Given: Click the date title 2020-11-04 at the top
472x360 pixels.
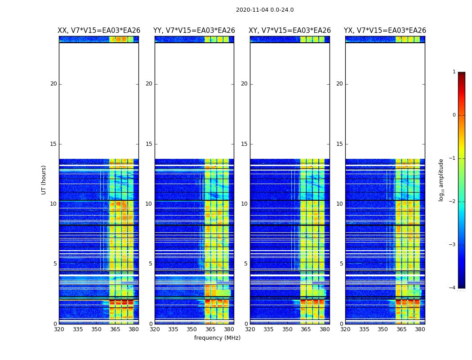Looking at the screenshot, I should tap(265, 10).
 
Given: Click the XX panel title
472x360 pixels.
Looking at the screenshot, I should tap(99, 31).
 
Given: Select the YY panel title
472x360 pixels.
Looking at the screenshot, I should tap(194, 31).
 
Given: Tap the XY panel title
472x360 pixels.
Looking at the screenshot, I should tap(290, 31).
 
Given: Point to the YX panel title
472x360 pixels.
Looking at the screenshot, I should tap(385, 31).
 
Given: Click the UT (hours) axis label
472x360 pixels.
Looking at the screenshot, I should tap(44, 180).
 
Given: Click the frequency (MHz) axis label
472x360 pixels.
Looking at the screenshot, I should tap(217, 338).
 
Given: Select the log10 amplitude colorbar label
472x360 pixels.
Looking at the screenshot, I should tap(441, 180).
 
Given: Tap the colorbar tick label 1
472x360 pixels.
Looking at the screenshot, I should tap(454, 72).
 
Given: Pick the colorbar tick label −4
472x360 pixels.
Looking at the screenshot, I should tap(453, 288).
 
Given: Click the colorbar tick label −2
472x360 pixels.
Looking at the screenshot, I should tap(453, 202).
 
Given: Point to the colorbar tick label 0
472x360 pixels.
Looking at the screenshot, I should tap(454, 115).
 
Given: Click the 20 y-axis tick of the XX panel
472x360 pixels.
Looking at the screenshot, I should tap(53, 84).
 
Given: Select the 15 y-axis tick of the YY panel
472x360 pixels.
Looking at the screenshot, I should tap(149, 144).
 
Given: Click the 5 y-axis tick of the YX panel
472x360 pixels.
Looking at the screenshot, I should tap(341, 264).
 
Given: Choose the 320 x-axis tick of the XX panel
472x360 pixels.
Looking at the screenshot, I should tap(59, 329).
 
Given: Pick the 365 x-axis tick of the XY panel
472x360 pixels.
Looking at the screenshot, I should tap(306, 329).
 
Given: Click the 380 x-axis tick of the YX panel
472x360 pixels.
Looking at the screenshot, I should tap(420, 329).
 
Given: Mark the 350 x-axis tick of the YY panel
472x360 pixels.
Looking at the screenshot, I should tap(192, 329).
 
